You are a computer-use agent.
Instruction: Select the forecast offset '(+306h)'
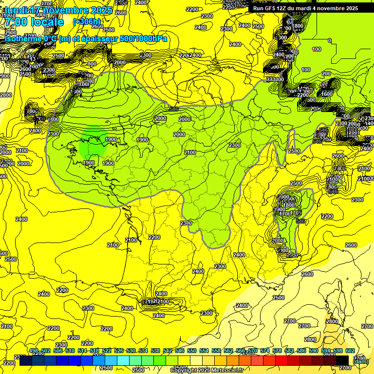86,22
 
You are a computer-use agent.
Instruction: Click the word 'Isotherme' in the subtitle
23,38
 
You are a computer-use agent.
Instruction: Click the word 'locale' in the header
46,22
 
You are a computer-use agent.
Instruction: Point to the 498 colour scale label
34,351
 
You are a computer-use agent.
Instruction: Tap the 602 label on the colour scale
350,351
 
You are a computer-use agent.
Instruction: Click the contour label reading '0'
330,40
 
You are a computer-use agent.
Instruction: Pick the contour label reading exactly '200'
326,74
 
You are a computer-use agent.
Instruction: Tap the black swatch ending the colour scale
342,360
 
